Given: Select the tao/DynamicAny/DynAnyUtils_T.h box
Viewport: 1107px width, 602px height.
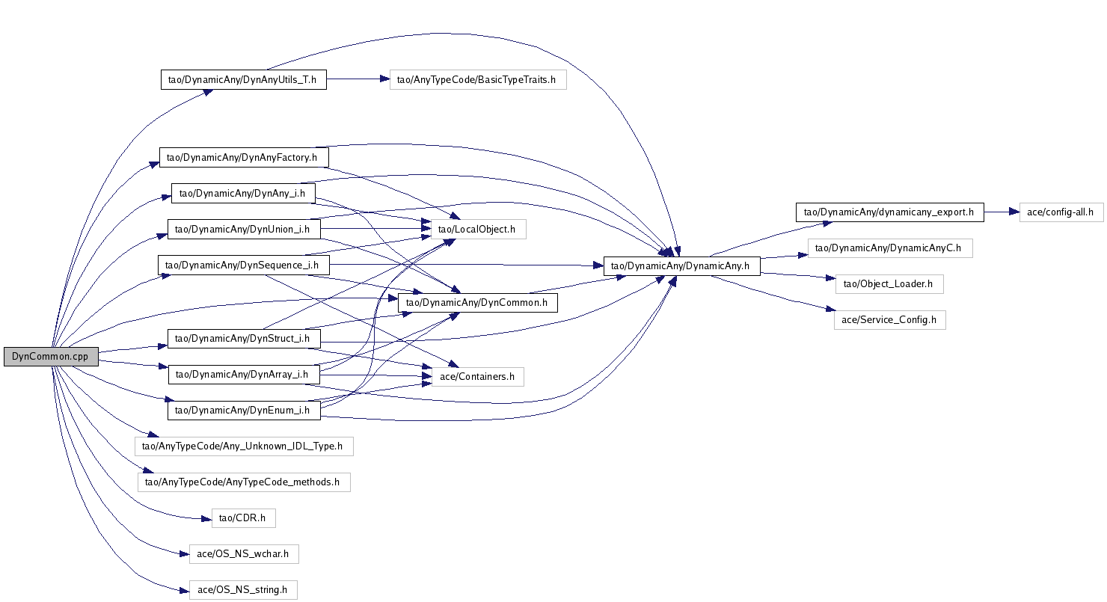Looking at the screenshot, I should (x=244, y=79).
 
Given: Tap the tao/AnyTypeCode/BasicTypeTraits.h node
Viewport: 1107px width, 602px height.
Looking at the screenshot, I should (x=477, y=79).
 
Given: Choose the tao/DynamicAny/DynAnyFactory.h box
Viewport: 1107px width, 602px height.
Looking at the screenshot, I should (x=244, y=157).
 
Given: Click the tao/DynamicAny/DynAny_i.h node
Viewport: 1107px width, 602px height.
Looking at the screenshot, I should (x=243, y=193).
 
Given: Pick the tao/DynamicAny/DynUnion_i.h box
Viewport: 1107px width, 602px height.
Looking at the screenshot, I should (x=244, y=229).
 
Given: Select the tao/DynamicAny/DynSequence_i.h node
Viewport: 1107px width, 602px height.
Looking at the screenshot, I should (x=243, y=265).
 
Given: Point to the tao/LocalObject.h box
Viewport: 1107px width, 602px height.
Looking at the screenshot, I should (x=478, y=229).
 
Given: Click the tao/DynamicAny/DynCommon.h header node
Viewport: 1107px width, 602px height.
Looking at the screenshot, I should (x=478, y=302).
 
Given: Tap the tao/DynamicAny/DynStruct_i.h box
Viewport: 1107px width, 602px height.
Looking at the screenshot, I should (x=244, y=339).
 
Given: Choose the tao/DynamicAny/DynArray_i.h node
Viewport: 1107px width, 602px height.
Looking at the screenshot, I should (x=244, y=374).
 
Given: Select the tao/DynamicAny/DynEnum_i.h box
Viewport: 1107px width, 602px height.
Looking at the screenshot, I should (x=244, y=410).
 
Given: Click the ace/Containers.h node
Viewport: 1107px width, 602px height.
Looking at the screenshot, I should (x=477, y=376).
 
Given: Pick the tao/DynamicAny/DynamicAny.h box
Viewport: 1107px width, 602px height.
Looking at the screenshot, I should (x=682, y=265).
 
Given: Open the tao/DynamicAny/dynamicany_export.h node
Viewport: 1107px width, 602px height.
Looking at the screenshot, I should (x=889, y=212).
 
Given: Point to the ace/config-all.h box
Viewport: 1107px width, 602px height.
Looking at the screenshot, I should (x=1061, y=212).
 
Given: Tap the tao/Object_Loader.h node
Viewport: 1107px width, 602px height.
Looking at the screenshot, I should (x=889, y=283).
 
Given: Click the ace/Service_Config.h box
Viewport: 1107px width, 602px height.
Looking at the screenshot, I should (x=889, y=319).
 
